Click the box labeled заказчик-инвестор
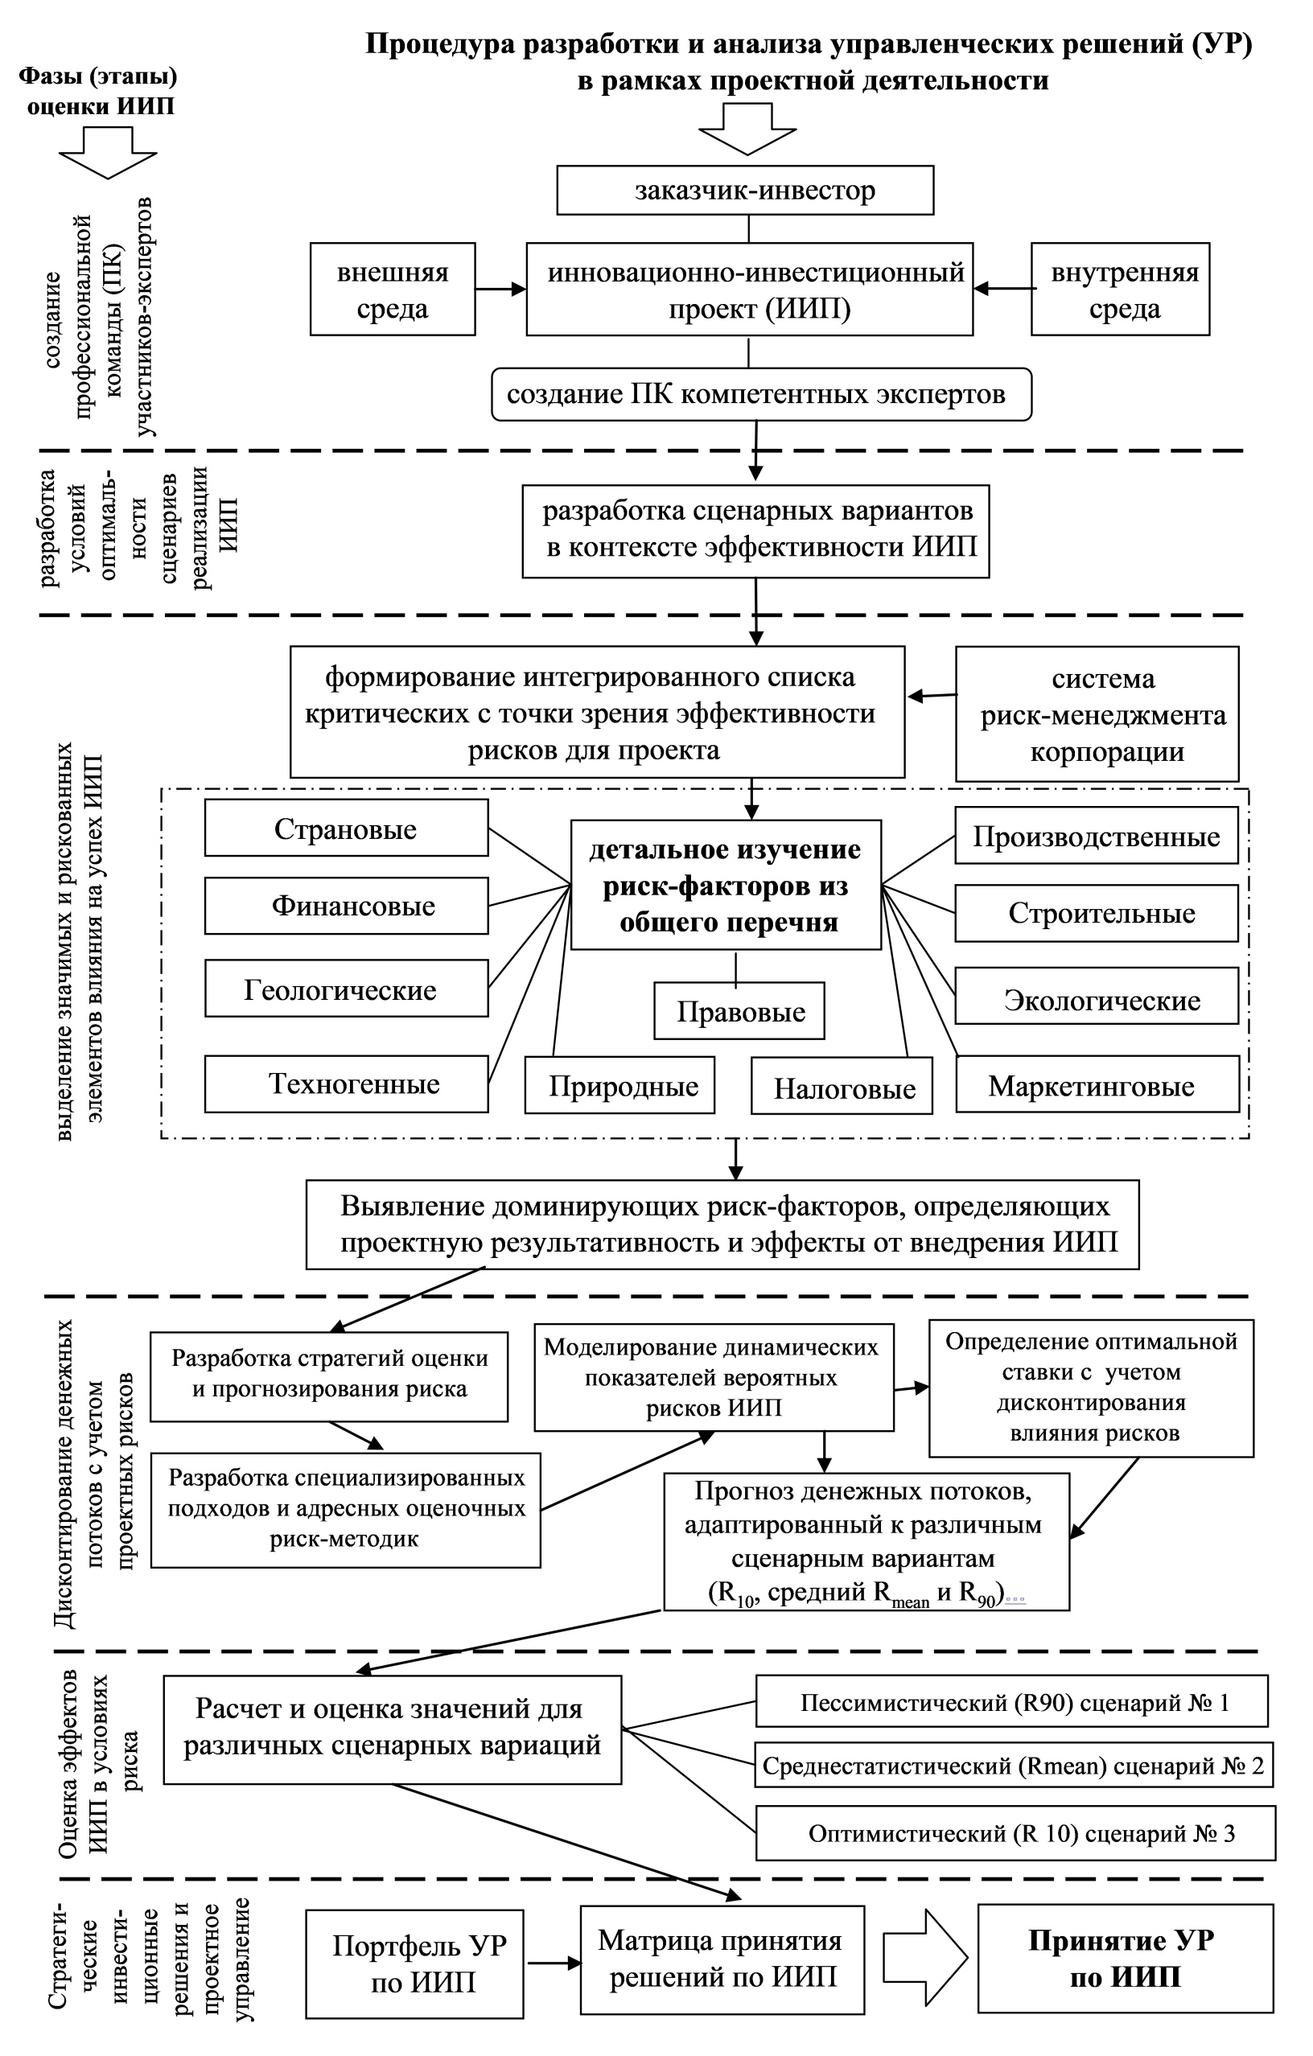744,191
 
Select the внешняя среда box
392,290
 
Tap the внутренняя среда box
1120,290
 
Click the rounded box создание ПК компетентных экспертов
760,394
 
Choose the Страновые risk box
346,829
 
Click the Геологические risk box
346,989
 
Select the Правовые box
739,1011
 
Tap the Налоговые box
842,1087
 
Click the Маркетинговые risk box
1097,1085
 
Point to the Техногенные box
346,1084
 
